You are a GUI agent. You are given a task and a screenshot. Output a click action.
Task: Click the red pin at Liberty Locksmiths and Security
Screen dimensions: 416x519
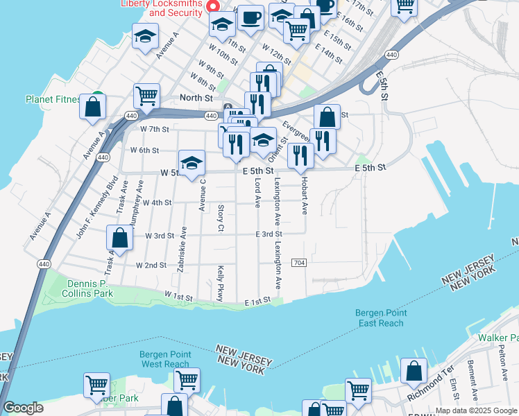point(214,6)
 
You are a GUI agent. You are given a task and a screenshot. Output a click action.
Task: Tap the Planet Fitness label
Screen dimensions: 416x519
point(54,99)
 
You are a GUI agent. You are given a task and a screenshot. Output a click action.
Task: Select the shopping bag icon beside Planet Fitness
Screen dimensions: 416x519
point(92,107)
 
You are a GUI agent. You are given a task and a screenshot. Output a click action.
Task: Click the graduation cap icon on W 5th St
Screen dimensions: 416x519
point(192,164)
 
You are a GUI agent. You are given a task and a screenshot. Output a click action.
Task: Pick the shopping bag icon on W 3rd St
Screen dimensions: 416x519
point(120,238)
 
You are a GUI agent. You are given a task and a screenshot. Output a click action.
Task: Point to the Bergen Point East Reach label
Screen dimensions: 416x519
point(380,318)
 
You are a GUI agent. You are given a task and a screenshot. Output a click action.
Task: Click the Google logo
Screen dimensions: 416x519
point(23,408)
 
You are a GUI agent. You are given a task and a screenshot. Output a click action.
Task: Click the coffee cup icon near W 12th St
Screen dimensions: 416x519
point(251,17)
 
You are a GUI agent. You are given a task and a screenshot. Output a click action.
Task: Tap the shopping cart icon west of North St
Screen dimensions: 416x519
point(146,96)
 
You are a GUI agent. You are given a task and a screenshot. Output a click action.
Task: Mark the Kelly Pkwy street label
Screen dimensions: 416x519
point(221,284)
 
